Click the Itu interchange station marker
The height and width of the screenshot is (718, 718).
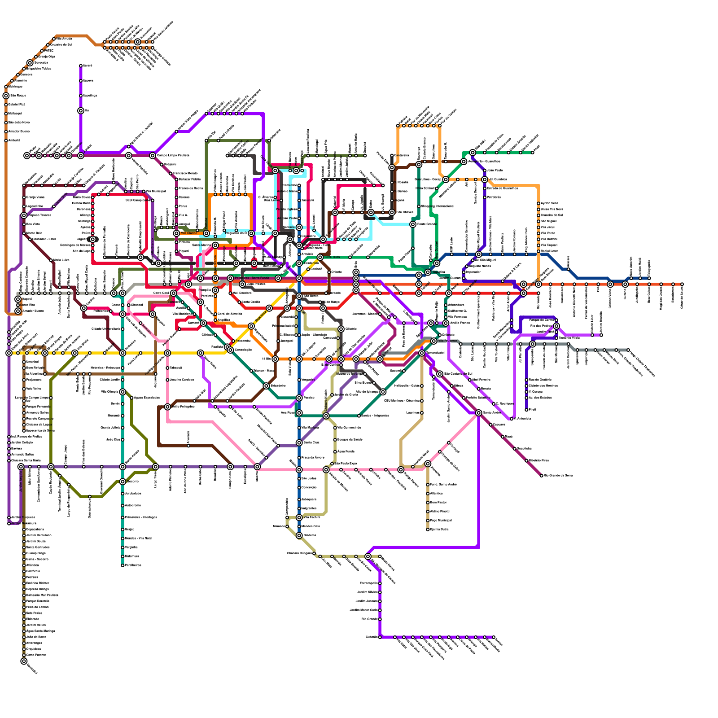(81, 111)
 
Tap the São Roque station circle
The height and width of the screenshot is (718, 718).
(6, 96)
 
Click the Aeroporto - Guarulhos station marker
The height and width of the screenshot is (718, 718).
(464, 162)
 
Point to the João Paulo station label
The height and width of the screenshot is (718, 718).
(495, 171)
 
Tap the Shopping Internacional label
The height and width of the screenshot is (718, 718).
(437, 206)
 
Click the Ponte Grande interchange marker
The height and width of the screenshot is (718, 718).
(413, 224)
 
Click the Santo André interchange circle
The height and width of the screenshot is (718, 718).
(479, 413)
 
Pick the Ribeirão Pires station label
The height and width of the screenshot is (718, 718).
(538, 461)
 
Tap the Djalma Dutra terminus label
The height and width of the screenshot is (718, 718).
(440, 530)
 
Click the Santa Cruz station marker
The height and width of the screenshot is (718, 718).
(299, 443)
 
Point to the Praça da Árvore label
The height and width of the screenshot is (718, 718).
(313, 458)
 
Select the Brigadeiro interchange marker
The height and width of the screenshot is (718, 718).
(266, 386)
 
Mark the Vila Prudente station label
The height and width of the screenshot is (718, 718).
(447, 341)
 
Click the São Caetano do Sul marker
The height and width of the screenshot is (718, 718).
(440, 374)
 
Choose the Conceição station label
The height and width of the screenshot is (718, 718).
(309, 488)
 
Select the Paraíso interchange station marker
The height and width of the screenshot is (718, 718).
(299, 398)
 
